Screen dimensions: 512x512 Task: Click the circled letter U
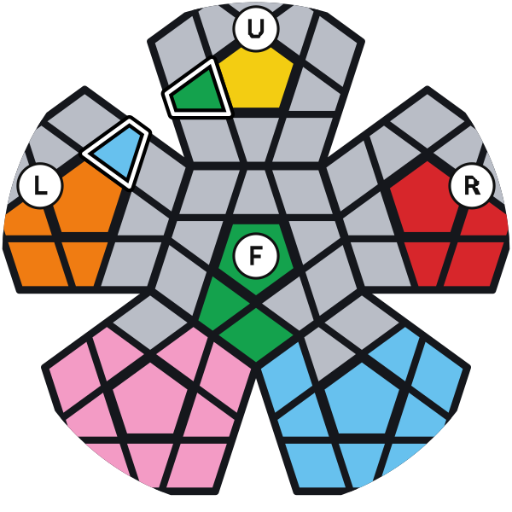coord(256,29)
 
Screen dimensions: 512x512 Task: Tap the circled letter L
coord(40,185)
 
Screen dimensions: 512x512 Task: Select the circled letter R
coord(472,186)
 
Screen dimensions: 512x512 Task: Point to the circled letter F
coord(256,256)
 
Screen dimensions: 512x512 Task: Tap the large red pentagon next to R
coord(424,199)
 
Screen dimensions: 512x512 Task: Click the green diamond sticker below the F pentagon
coord(256,334)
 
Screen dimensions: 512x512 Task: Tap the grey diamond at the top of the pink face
coord(150,322)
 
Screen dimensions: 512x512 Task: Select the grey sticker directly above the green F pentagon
coord(256,192)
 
